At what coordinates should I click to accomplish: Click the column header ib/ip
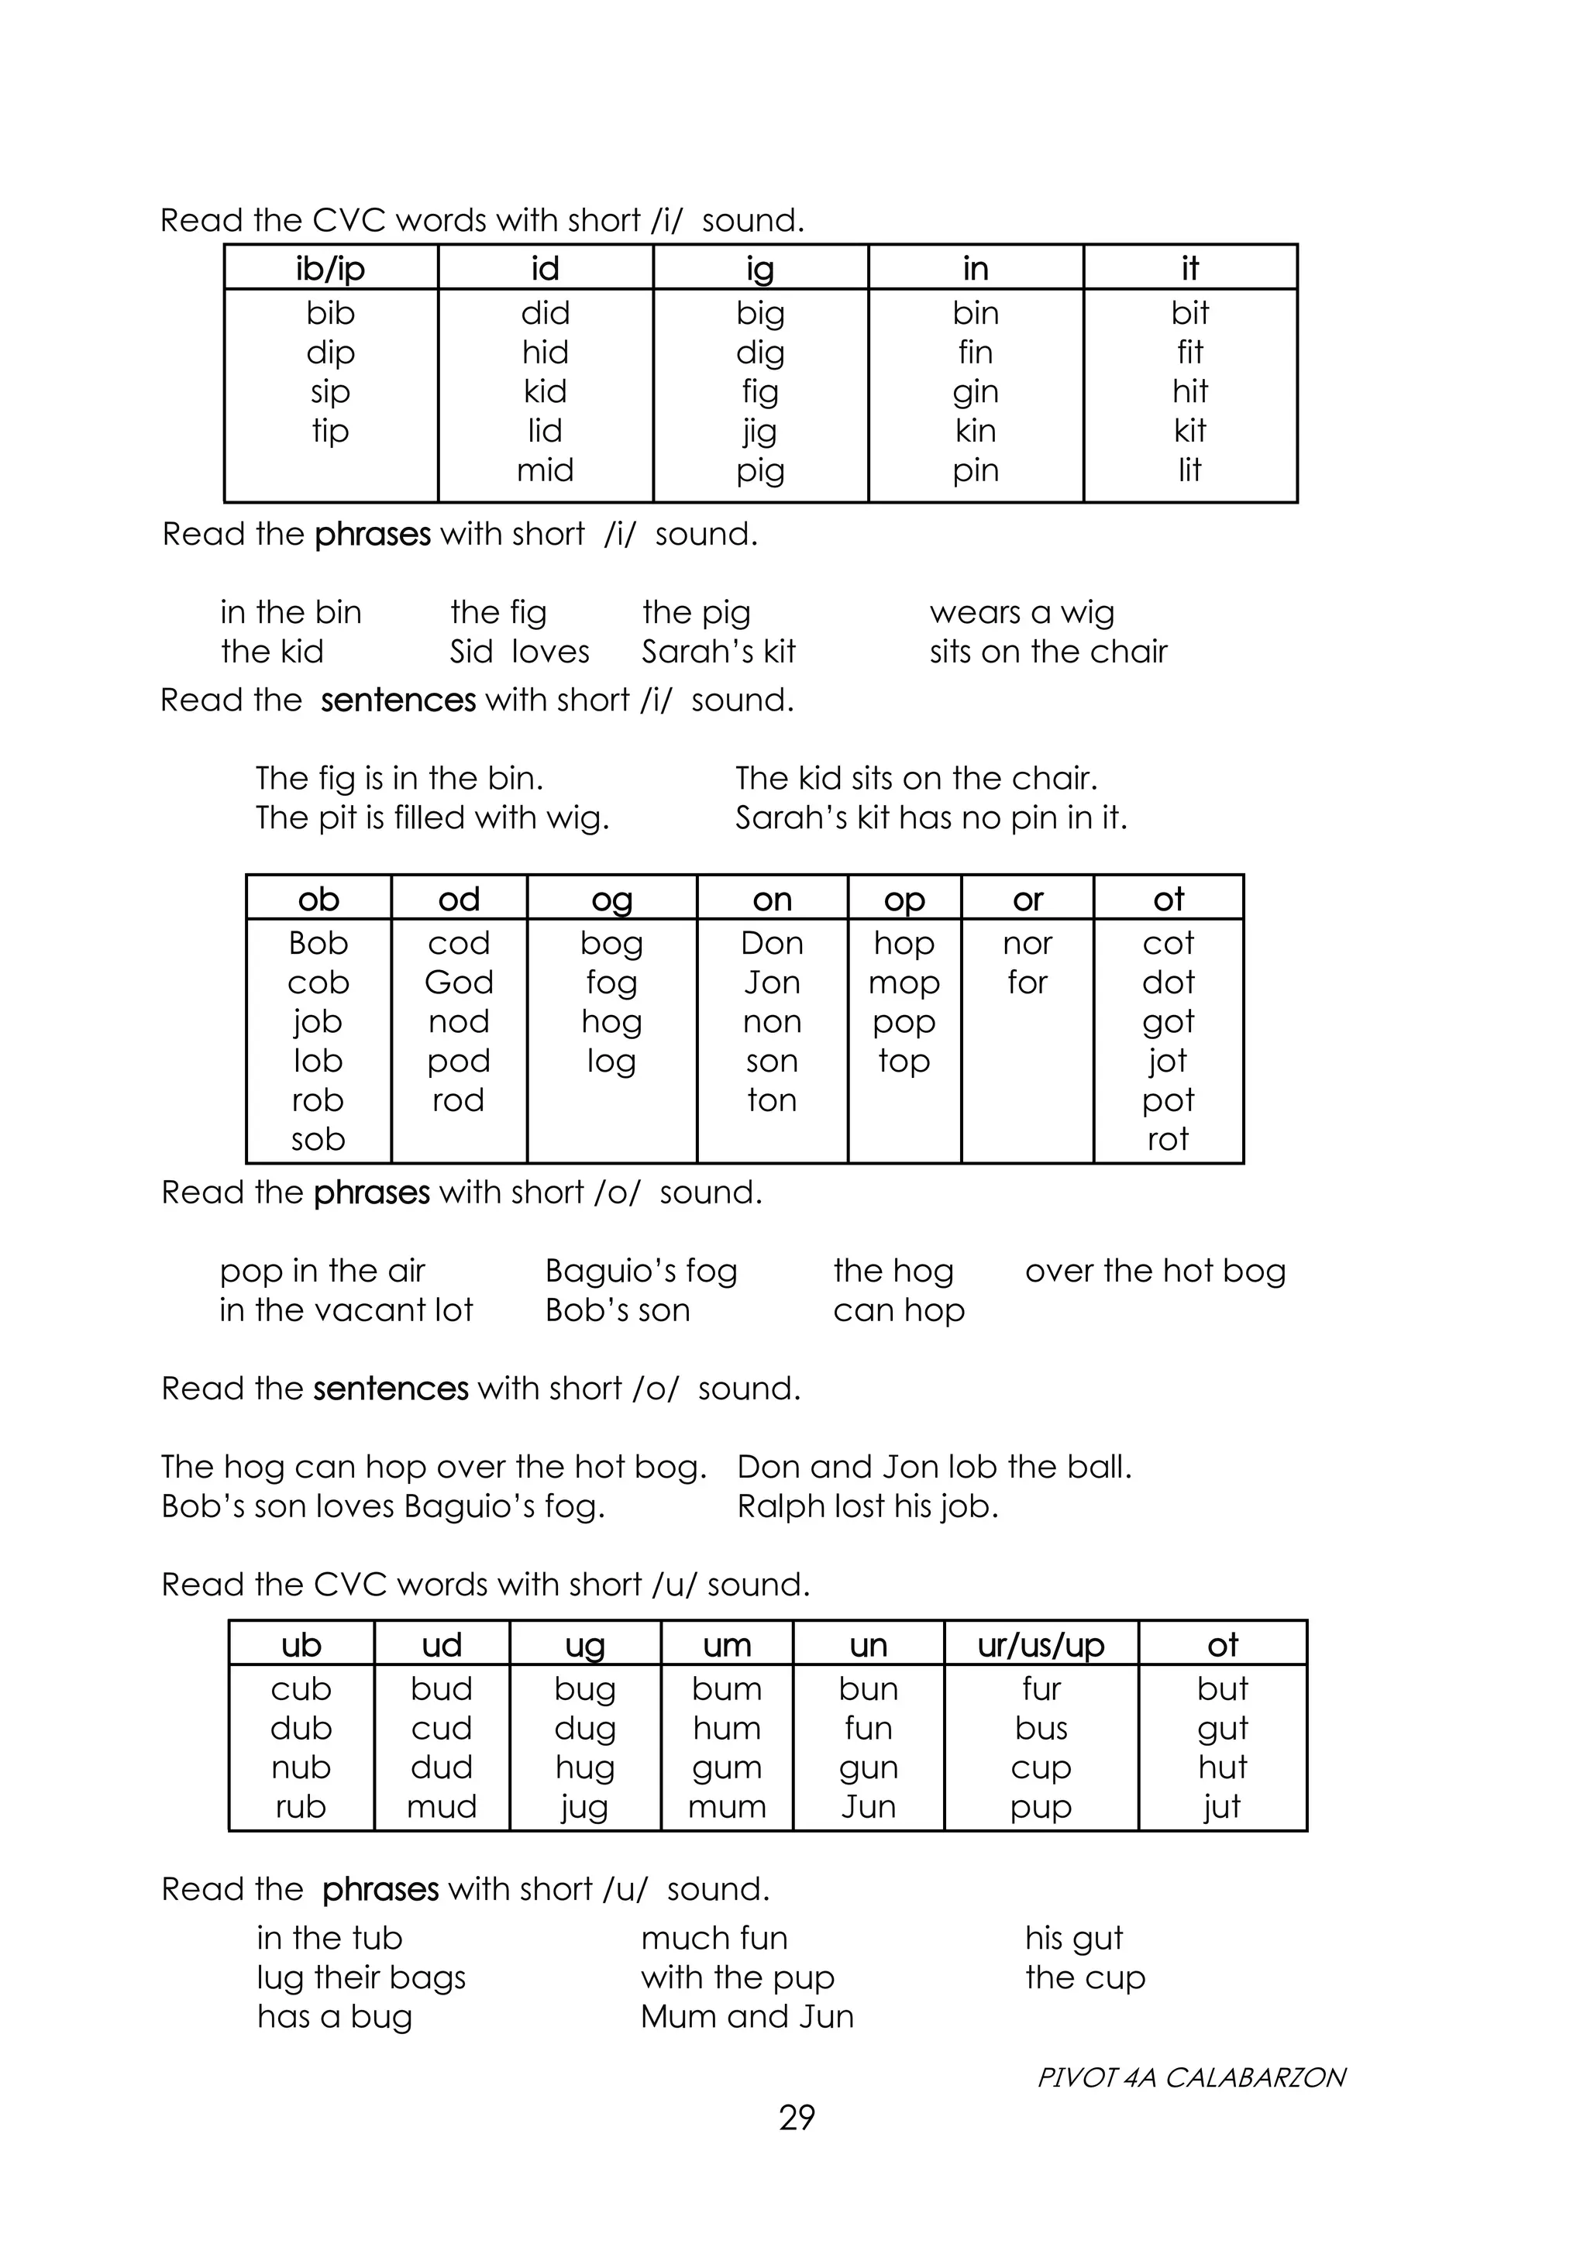(330, 269)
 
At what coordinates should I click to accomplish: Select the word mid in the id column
(546, 470)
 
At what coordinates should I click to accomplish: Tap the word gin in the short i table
(976, 392)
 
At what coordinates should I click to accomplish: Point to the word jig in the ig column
(759, 431)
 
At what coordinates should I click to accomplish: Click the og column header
(611, 899)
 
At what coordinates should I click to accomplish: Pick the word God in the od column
(458, 983)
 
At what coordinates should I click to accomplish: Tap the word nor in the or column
(1027, 943)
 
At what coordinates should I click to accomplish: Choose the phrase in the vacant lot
(346, 1310)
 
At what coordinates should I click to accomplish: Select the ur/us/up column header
(1041, 1645)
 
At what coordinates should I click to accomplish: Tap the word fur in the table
(1041, 1689)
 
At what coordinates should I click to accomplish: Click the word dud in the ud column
(442, 1767)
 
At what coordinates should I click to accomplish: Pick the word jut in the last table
(1221, 1806)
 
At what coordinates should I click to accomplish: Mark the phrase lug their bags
(360, 1977)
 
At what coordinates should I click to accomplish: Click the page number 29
(797, 2117)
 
